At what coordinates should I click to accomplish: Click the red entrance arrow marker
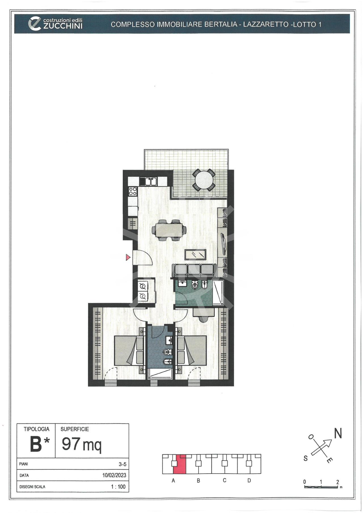(x=128, y=257)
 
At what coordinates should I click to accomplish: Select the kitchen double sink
(x=148, y=181)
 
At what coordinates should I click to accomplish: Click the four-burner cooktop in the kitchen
(x=133, y=191)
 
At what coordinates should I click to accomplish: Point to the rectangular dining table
(x=169, y=230)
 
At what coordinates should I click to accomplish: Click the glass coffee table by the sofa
(x=195, y=254)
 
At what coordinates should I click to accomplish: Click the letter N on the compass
(x=338, y=434)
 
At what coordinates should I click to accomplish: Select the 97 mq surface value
(x=82, y=444)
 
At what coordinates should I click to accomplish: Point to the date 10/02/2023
(x=114, y=475)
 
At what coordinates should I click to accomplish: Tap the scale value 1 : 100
(x=118, y=487)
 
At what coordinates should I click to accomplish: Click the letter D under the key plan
(x=249, y=480)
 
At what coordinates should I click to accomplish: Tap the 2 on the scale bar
(x=337, y=482)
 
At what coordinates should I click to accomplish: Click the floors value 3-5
(x=123, y=464)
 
